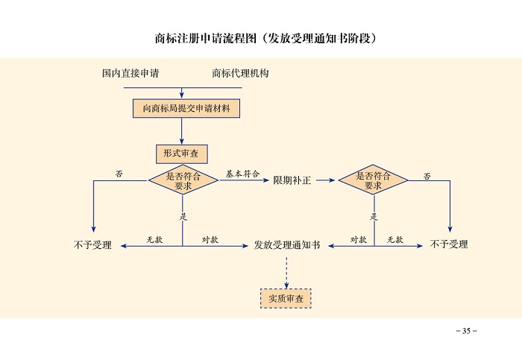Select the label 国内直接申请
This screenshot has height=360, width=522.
pos(130,74)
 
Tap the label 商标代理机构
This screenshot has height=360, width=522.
pos(240,74)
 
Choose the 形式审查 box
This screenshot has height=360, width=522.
pos(181,154)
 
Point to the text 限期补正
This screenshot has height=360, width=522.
pos(292,180)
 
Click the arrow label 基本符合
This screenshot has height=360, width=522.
pos(242,173)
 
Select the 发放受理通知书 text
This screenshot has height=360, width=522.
pos(287,244)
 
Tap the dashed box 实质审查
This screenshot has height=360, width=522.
pos(286,298)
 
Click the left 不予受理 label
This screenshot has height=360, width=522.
pos(93,244)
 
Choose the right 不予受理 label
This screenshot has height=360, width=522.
pos(450,244)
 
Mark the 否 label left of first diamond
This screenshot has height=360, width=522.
pos(119,173)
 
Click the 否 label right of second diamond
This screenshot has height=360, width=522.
pos(427,176)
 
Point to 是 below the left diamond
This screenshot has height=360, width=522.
pos(183,217)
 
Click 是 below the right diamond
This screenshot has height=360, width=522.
pos(374,217)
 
